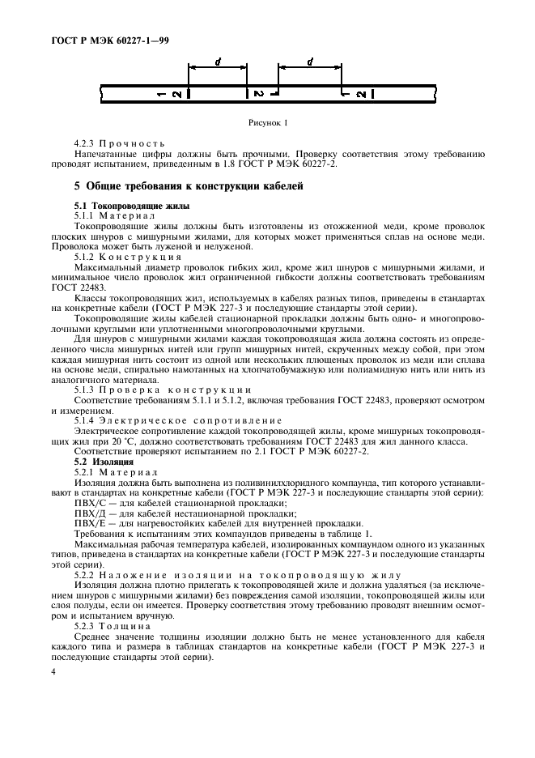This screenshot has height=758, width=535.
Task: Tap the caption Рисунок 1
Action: point(267,123)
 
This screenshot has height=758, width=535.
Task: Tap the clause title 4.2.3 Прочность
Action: point(119,144)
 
